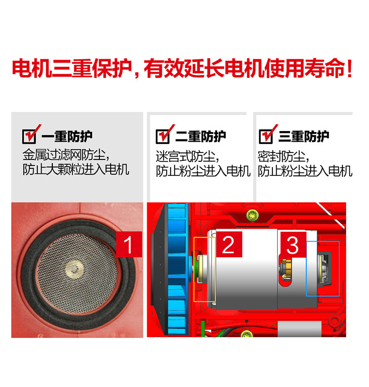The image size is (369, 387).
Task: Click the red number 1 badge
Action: [x=129, y=244]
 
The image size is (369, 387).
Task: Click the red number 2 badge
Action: [x=229, y=244]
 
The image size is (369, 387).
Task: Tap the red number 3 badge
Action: [x=293, y=245]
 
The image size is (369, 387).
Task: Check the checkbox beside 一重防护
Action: [x=29, y=137]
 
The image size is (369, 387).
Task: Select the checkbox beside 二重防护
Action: [x=163, y=137]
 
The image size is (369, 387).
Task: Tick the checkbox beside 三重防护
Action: [x=266, y=137]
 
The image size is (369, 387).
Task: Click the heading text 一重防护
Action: [x=67, y=136]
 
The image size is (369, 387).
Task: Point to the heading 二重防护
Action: [x=201, y=136]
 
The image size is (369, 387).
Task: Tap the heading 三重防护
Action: [x=304, y=136]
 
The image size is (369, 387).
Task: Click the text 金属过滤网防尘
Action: [x=64, y=155]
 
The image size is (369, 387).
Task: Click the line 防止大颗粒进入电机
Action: [x=76, y=169]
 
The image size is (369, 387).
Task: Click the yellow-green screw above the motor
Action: [x=253, y=215]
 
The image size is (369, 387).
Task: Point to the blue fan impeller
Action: [x=177, y=269]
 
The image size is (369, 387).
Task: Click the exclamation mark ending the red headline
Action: [x=349, y=69]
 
